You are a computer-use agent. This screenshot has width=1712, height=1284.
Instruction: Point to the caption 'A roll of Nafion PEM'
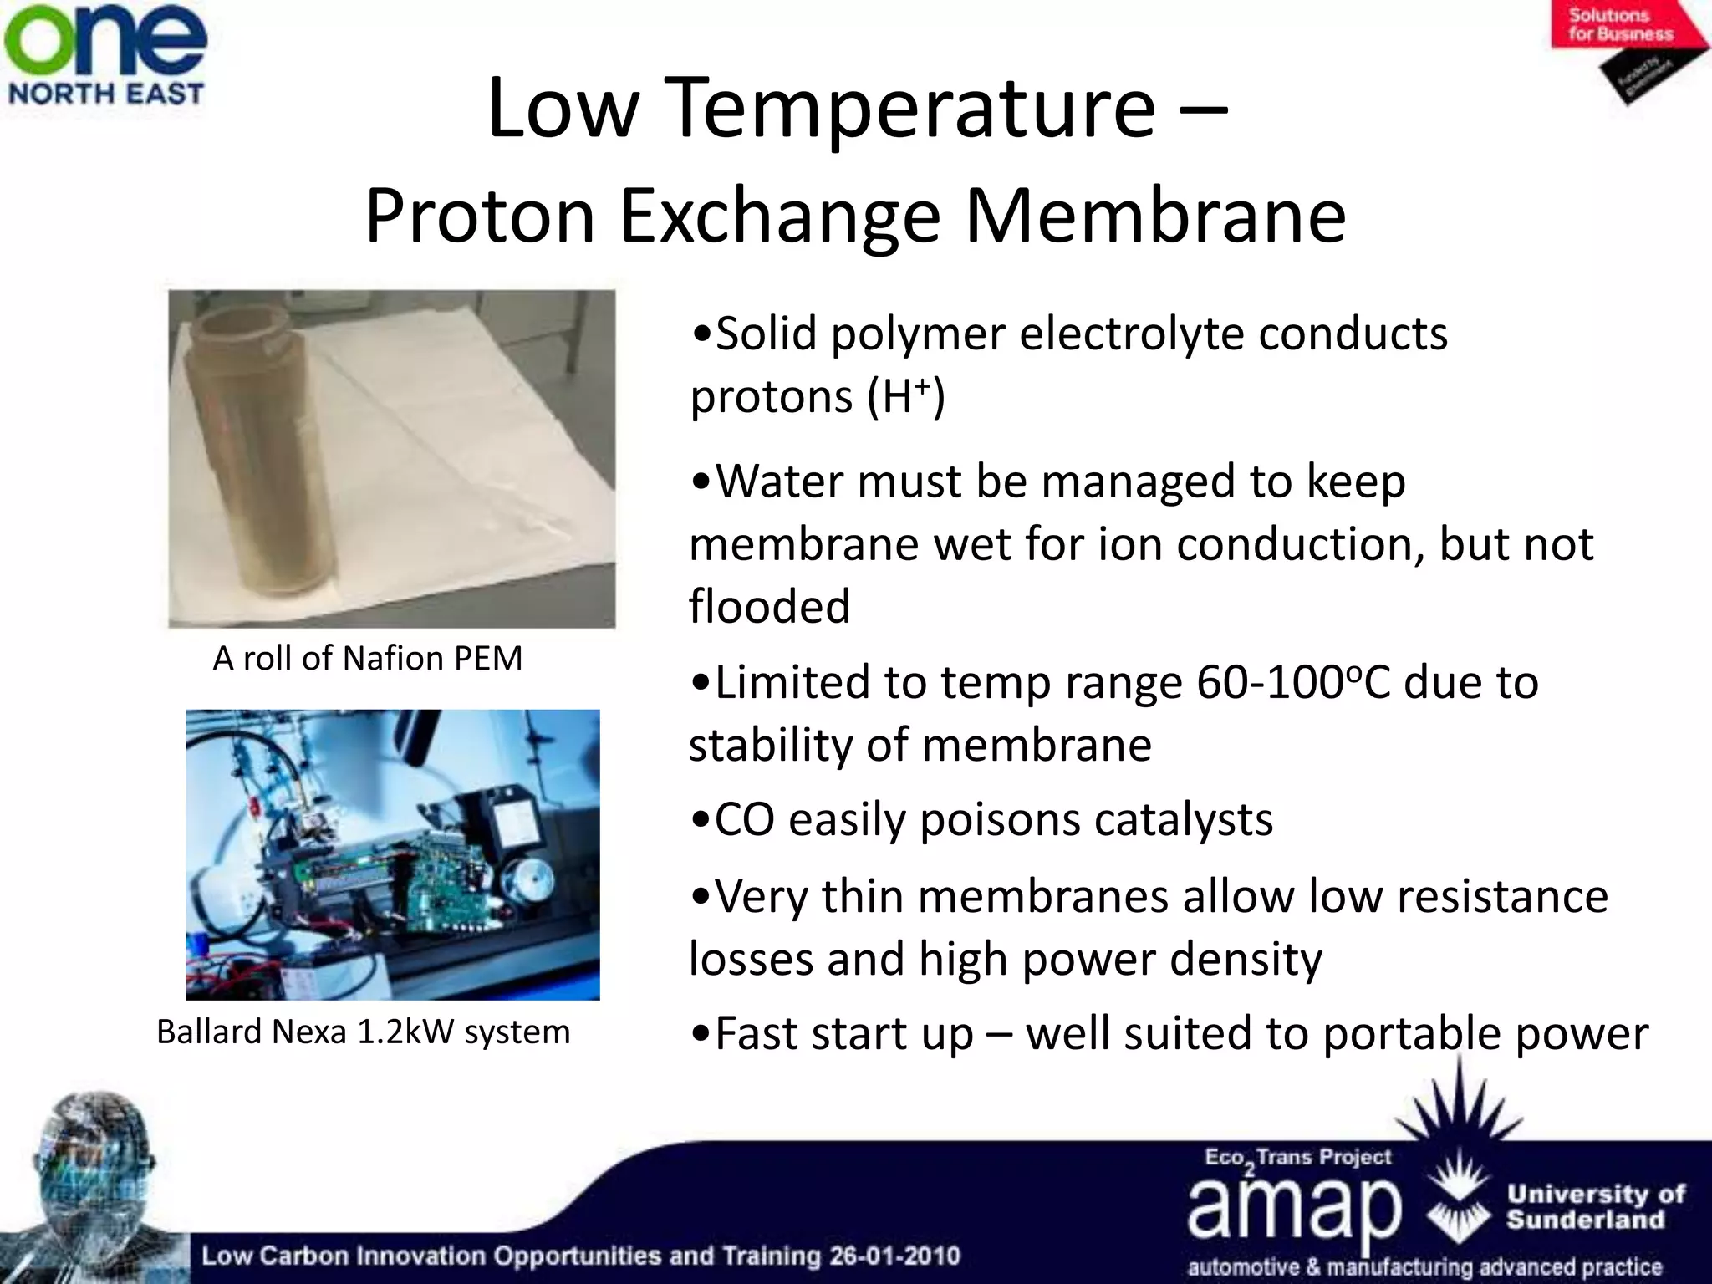click(x=367, y=659)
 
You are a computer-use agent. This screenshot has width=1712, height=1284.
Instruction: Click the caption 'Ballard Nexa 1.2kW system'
click(x=363, y=1032)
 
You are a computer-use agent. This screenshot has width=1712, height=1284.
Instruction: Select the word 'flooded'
click(x=769, y=605)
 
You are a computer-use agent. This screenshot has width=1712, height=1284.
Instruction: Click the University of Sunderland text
click(x=1595, y=1206)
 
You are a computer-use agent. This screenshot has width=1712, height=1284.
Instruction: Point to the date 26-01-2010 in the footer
click(x=894, y=1256)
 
